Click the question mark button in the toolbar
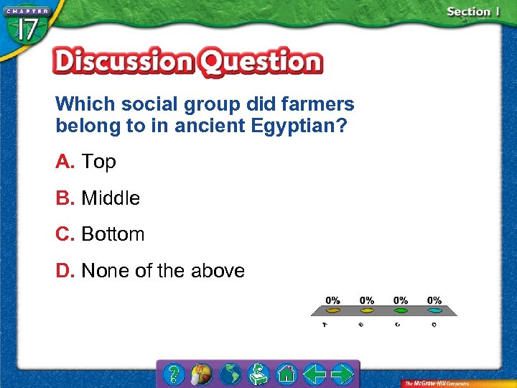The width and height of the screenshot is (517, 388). (x=174, y=374)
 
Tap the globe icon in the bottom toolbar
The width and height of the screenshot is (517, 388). (x=230, y=374)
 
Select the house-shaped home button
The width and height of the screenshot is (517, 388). (x=287, y=374)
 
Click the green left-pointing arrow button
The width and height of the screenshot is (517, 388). (x=314, y=374)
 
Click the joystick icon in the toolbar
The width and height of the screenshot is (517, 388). (x=258, y=374)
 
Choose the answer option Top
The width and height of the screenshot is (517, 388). (x=98, y=162)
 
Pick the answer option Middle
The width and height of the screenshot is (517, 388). (x=111, y=198)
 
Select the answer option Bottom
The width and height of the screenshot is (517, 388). (x=113, y=234)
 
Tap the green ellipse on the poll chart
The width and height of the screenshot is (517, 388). (x=401, y=311)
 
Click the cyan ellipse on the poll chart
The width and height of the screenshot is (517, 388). (x=434, y=311)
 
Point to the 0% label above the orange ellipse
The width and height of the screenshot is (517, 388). (x=332, y=300)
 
